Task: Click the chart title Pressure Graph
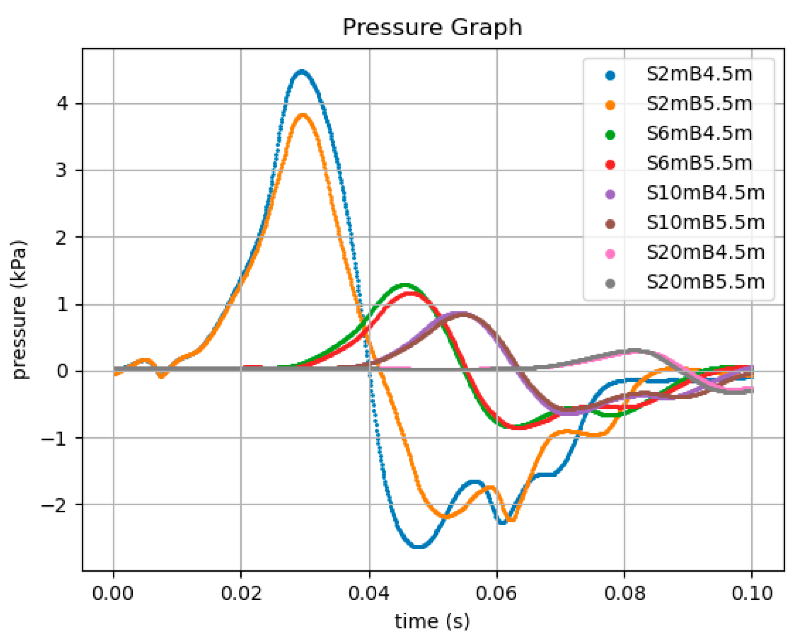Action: (x=432, y=28)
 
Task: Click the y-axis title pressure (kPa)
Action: (x=19, y=310)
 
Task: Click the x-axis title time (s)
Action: (x=432, y=621)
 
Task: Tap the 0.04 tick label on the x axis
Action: (x=368, y=594)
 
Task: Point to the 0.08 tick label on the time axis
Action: (x=624, y=594)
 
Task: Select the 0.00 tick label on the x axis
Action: (x=113, y=594)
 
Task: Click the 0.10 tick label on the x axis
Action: (x=752, y=594)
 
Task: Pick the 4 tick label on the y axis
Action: (x=63, y=104)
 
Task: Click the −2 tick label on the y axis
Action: (x=56, y=505)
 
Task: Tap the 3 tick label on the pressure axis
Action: (x=62, y=170)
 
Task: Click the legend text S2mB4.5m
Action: (x=699, y=74)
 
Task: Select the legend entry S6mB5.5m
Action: (x=699, y=164)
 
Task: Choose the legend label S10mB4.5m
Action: (x=705, y=193)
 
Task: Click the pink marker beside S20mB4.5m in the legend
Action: (x=610, y=254)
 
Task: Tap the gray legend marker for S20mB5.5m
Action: (x=610, y=284)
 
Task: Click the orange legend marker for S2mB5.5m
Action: (x=610, y=105)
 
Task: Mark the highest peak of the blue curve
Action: (x=302, y=72)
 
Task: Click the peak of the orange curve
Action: (x=303, y=116)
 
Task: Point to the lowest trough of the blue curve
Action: (x=418, y=546)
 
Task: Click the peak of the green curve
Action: (x=405, y=285)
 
